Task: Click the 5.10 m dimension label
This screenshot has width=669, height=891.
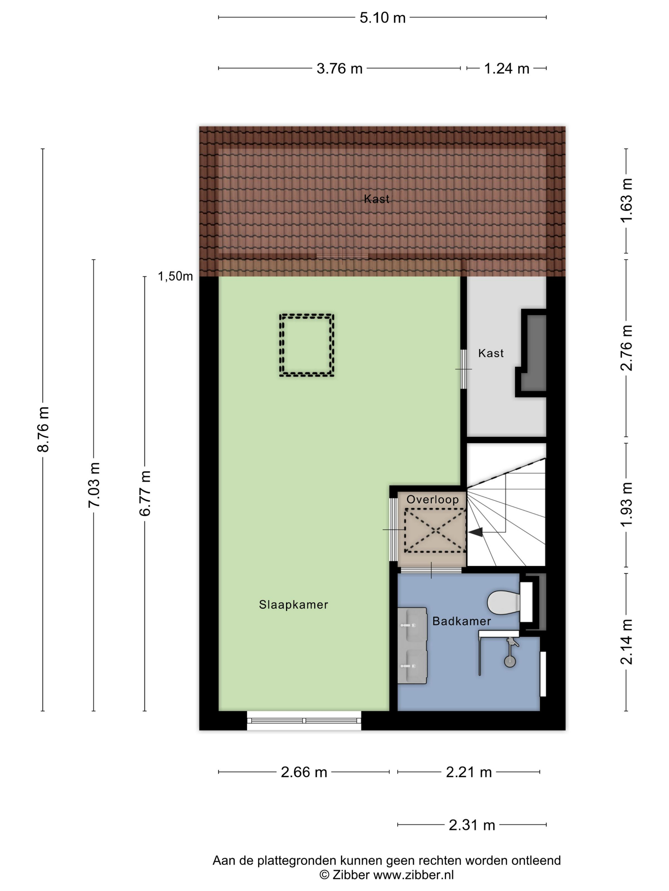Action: click(x=382, y=18)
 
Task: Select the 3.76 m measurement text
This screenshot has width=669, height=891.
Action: click(x=339, y=68)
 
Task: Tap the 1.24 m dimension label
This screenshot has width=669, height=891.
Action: click(x=506, y=68)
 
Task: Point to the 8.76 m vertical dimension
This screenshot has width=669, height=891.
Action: click(x=43, y=429)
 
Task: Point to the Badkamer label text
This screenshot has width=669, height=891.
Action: click(x=461, y=621)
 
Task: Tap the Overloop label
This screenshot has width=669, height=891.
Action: click(x=432, y=500)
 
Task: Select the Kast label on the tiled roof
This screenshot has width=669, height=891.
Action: click(x=376, y=199)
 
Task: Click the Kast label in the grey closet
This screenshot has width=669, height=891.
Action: click(x=491, y=353)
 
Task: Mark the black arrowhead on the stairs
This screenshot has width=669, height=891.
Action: click(x=475, y=532)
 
